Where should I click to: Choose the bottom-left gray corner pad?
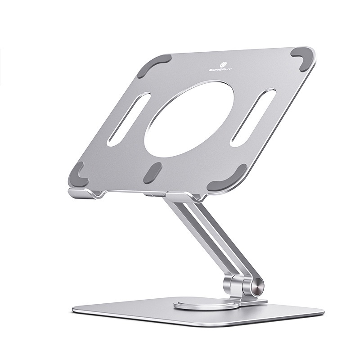point(78,174)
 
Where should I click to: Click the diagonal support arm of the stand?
point(211,238)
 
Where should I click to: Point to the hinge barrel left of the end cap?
point(234,286)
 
